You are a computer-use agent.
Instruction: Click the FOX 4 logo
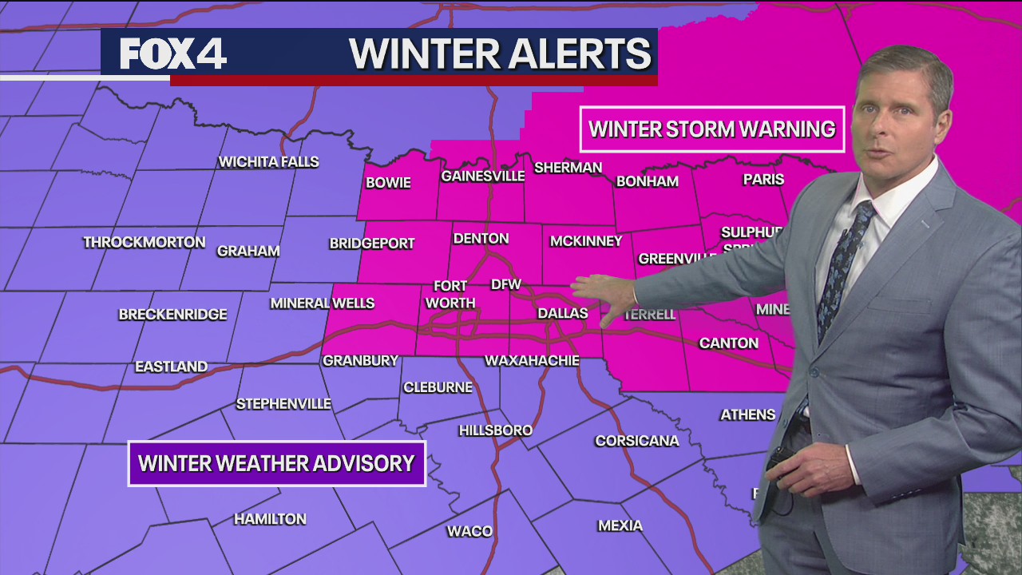click(x=173, y=54)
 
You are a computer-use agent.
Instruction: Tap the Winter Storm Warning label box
click(x=711, y=129)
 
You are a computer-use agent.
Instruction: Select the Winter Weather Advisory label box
click(x=276, y=463)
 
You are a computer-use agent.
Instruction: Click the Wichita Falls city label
click(x=269, y=162)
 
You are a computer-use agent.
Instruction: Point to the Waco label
click(x=469, y=531)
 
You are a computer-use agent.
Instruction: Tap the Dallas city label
click(x=563, y=314)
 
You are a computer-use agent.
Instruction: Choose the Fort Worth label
click(x=450, y=295)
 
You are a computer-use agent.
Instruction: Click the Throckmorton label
click(x=145, y=242)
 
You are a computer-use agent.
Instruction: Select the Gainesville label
click(x=483, y=176)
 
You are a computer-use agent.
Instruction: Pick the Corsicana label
click(x=637, y=441)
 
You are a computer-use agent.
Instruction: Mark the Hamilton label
click(x=270, y=519)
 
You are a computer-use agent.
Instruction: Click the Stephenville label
click(x=283, y=404)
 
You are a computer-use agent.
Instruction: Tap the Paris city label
click(x=763, y=180)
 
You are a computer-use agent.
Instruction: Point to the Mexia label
click(x=620, y=525)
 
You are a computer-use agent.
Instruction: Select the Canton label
click(x=728, y=343)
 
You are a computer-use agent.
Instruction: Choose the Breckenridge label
click(x=173, y=315)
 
